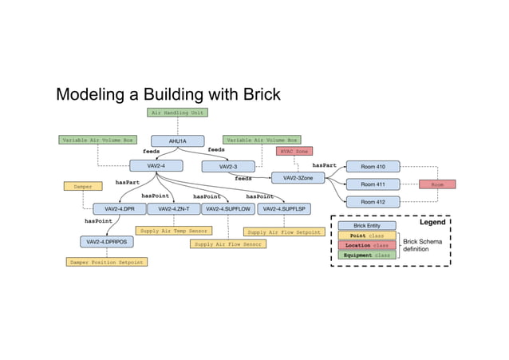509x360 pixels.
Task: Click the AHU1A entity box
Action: click(178, 140)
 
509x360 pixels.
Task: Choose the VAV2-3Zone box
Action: click(298, 178)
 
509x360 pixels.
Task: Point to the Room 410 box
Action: click(373, 167)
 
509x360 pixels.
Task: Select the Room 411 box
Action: click(373, 184)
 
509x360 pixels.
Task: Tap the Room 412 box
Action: click(373, 202)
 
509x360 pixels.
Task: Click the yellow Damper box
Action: click(82, 186)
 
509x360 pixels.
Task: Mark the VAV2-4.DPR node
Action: click(119, 209)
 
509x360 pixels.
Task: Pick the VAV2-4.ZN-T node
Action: click(173, 209)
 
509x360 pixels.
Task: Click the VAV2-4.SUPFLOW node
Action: click(227, 209)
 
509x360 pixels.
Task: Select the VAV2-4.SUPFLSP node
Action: click(284, 209)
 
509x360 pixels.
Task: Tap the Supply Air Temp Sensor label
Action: click(173, 231)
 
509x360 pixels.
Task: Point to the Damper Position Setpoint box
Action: click(106, 261)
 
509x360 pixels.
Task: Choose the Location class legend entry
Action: click(366, 245)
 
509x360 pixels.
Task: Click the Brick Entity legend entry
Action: click(366, 226)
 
